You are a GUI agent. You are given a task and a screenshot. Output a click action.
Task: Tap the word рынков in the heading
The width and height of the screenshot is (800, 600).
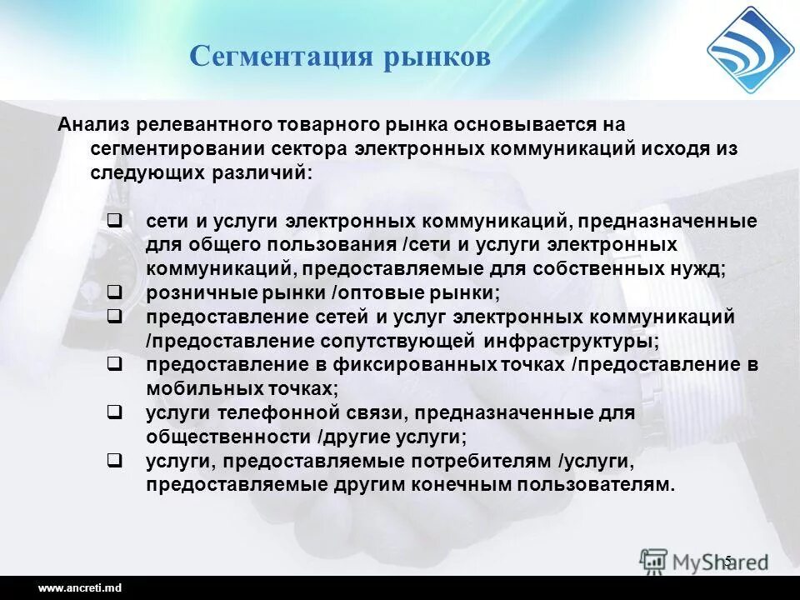(437, 57)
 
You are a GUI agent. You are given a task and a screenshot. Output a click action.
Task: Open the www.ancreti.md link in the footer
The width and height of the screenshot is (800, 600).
(80, 588)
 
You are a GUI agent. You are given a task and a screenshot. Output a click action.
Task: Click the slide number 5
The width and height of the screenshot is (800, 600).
(727, 560)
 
